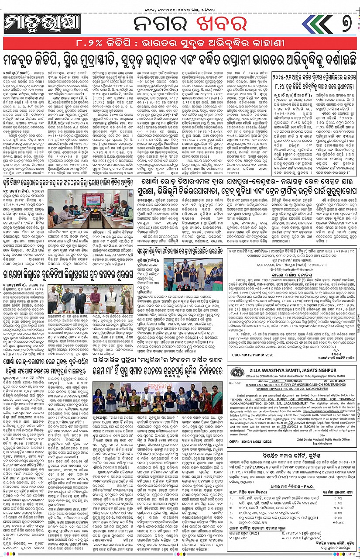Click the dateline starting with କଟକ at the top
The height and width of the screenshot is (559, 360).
click(180, 5)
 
